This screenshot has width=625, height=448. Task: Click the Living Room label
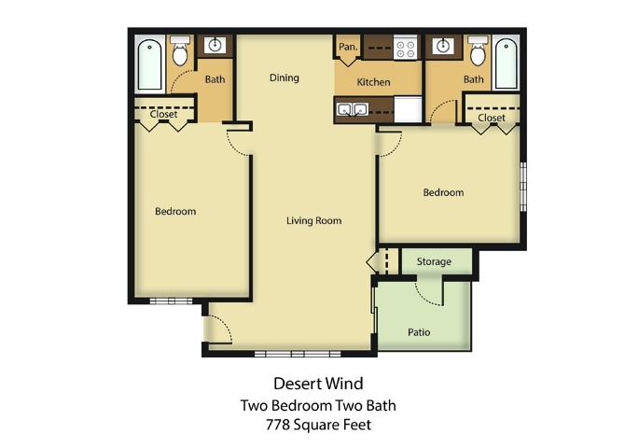point(313,221)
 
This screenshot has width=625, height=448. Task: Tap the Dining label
point(285,77)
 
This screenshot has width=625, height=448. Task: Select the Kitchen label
point(374,82)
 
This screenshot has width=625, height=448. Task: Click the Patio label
point(419,331)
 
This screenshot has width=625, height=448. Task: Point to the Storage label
point(434,261)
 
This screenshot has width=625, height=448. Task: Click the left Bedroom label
point(175,211)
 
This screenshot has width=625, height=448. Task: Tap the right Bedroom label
point(443,192)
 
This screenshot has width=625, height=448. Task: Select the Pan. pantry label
point(349,47)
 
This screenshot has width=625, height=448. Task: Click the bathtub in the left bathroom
point(150,63)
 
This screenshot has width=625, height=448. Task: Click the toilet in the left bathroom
point(181,52)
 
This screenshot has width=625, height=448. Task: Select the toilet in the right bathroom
point(477,52)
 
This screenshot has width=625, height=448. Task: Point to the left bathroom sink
point(215,46)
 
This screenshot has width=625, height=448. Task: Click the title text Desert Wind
point(318,383)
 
